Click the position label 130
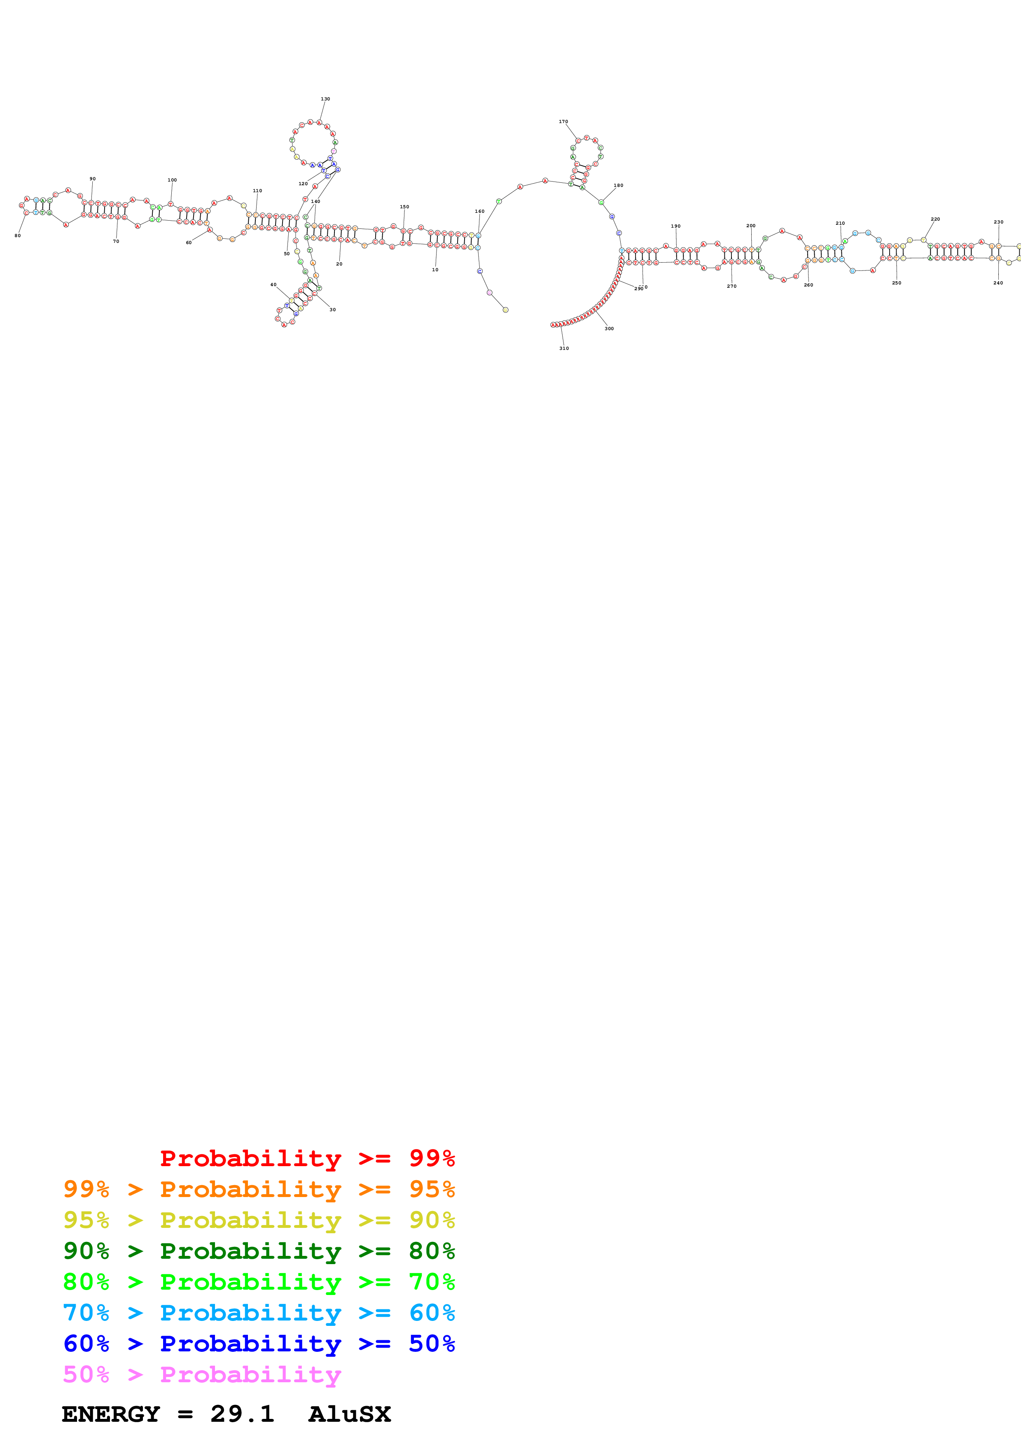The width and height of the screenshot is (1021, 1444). (325, 99)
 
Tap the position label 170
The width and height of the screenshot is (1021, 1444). (563, 121)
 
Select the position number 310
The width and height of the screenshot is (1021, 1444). (564, 348)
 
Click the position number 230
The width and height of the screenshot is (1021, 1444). (998, 221)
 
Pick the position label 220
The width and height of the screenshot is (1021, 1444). (935, 219)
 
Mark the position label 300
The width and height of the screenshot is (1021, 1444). (609, 328)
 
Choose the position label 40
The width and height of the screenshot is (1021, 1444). (273, 284)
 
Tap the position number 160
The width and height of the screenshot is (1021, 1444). (479, 211)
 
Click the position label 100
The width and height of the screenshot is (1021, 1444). (172, 180)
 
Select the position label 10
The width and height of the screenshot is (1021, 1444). (435, 269)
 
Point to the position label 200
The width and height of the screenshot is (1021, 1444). (750, 225)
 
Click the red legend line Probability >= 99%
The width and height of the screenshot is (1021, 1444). (307, 1158)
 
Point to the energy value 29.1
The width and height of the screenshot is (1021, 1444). (242, 1414)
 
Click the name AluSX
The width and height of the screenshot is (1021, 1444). (349, 1414)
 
